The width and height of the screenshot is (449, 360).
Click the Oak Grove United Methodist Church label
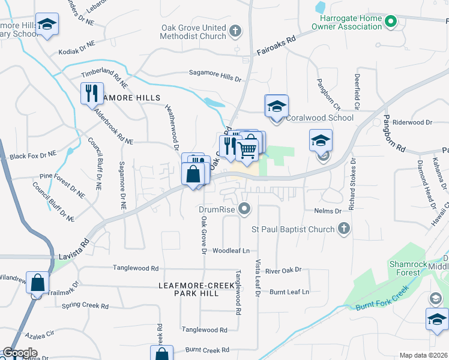(x=193, y=32)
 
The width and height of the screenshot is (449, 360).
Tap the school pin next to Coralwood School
(x=277, y=106)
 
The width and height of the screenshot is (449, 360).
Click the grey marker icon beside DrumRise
(x=244, y=209)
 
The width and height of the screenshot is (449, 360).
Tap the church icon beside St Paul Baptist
(x=343, y=228)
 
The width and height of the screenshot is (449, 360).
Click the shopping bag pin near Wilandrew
(x=37, y=283)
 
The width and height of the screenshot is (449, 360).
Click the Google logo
(x=20, y=353)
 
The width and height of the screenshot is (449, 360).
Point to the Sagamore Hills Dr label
(x=214, y=79)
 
